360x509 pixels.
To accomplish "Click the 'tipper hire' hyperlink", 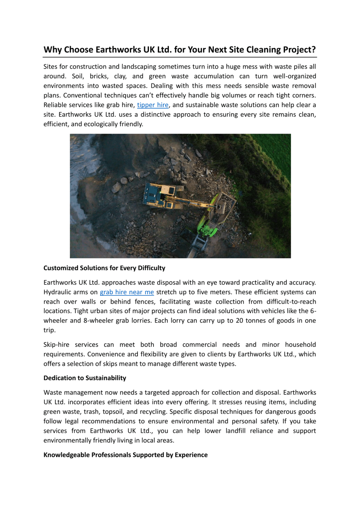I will (152, 105).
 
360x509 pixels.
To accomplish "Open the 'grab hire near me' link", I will (127, 292).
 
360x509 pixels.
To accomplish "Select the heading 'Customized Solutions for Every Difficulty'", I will (104, 268).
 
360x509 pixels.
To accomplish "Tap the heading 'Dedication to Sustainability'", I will (85, 378).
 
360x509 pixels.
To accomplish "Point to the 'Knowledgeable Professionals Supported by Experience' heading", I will (125, 455).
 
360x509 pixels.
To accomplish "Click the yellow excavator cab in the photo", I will (168, 190).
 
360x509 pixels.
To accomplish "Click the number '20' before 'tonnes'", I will (240, 321).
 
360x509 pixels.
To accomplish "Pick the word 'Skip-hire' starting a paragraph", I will (56, 345).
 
